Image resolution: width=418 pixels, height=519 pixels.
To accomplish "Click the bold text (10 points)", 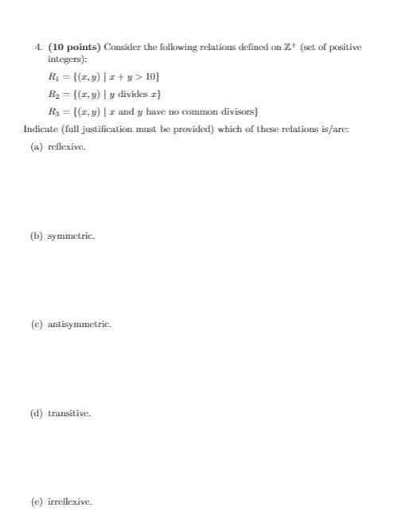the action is pyautogui.click(x=73, y=49).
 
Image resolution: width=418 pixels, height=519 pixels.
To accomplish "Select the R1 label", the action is pyautogui.click(x=53, y=77).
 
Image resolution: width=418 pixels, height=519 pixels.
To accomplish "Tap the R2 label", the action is pyautogui.click(x=53, y=93).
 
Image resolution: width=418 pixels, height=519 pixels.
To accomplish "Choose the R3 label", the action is pyautogui.click(x=53, y=110).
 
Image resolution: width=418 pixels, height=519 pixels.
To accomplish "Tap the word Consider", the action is pyautogui.click(x=118, y=49).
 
